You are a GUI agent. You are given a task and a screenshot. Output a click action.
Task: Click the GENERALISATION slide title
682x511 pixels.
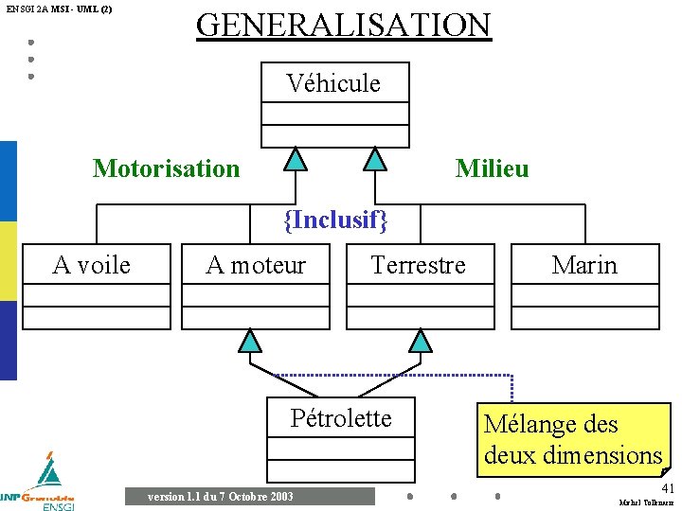(343, 25)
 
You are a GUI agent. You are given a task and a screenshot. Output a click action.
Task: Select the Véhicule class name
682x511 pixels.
(333, 83)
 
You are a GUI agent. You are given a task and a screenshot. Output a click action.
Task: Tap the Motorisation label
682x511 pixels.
(166, 168)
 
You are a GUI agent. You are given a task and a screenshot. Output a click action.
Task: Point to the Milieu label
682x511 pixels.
(492, 168)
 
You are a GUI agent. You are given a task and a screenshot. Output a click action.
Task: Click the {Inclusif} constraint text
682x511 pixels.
(336, 220)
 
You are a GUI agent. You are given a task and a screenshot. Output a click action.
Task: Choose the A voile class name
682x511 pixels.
(92, 265)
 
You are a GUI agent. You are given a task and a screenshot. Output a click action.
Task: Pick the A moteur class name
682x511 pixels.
(256, 265)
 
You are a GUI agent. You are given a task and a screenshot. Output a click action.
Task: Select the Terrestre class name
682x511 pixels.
(418, 265)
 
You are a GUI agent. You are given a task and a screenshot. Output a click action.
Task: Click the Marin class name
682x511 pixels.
(584, 265)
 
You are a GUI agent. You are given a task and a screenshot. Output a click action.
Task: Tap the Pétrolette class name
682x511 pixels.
(340, 418)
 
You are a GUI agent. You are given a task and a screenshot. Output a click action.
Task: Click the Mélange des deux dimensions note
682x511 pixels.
(572, 439)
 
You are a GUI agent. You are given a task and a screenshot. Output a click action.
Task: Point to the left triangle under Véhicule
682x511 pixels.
(296, 158)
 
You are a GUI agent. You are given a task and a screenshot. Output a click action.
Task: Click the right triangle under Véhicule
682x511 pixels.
(376, 158)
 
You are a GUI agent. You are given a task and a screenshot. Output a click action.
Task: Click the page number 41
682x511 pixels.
(668, 487)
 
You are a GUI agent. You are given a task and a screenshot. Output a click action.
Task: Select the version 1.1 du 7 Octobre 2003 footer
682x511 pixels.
(221, 497)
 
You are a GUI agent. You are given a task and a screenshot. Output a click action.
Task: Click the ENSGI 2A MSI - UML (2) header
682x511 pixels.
(59, 9)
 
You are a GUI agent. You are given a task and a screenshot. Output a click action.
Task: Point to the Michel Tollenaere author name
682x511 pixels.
(646, 502)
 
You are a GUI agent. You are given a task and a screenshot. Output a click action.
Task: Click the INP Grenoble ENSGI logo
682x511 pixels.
(40, 485)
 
